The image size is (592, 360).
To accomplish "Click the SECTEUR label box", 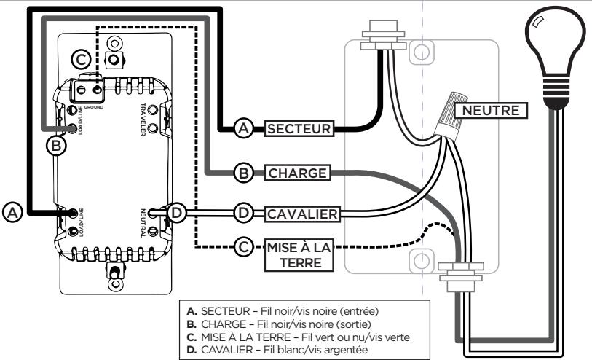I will coord(299,129).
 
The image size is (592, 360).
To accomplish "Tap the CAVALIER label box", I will coord(299,213).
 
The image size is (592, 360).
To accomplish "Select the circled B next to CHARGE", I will coord(242,173).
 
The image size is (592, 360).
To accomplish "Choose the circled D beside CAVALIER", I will coord(245,213).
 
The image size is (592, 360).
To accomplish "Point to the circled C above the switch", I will coord(81,58).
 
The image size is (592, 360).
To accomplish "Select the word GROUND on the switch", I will coord(91,106).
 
